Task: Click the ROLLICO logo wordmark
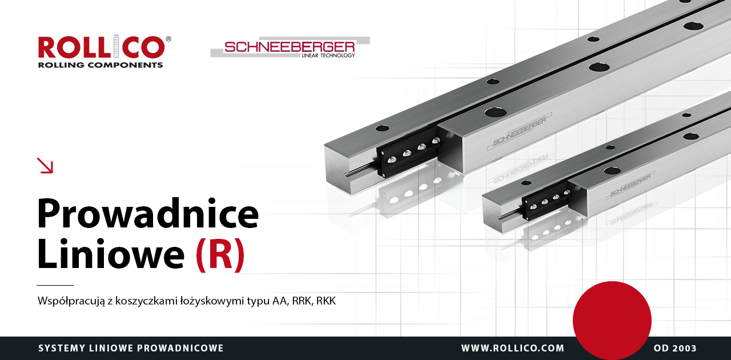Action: point(102,47)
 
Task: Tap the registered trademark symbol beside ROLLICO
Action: point(168,39)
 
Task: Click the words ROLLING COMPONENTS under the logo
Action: point(101,65)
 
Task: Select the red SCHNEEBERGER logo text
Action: point(290,47)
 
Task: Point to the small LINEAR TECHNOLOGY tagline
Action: point(328,55)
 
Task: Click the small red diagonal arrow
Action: point(45,165)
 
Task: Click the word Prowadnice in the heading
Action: point(148,214)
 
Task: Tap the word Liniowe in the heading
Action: point(111,254)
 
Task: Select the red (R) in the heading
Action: point(220,254)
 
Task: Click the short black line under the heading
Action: point(55,285)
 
